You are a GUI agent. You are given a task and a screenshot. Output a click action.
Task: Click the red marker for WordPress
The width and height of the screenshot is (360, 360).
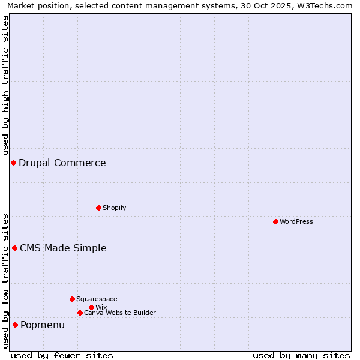tap(275, 221)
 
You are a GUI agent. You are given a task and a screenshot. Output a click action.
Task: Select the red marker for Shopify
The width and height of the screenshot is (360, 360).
tap(98, 208)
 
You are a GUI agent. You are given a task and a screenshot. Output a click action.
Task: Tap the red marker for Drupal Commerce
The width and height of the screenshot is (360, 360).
tap(13, 163)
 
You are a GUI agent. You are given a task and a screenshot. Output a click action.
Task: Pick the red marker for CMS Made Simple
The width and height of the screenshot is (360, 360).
tap(14, 248)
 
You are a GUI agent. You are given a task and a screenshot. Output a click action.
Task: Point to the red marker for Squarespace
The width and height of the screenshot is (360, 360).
tap(72, 299)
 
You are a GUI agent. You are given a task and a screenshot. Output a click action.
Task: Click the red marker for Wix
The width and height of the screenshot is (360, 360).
tap(91, 307)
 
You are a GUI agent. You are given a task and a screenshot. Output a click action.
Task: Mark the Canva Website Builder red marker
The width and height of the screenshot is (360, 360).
tap(80, 313)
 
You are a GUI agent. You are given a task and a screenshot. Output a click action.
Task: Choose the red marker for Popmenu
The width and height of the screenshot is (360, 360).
tap(15, 325)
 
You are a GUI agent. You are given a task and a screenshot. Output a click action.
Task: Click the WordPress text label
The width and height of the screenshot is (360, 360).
tap(296, 221)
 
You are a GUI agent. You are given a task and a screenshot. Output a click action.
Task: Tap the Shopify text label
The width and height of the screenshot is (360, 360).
tap(114, 208)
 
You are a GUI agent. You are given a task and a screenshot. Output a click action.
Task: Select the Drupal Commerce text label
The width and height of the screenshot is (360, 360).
tap(62, 163)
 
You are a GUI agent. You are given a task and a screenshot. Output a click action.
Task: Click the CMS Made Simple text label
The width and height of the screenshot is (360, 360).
tap(63, 248)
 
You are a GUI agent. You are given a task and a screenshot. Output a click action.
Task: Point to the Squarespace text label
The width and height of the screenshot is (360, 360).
tap(97, 299)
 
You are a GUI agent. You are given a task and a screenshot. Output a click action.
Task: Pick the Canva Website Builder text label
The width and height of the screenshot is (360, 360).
tap(120, 313)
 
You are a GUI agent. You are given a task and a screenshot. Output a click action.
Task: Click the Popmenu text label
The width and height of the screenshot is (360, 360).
tap(43, 325)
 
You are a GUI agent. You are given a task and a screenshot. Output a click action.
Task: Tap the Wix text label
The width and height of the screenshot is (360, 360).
tap(101, 307)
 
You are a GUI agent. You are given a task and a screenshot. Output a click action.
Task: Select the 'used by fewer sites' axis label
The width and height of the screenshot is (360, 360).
tap(62, 355)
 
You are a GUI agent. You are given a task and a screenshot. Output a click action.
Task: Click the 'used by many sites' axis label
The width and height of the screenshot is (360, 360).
tap(301, 355)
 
